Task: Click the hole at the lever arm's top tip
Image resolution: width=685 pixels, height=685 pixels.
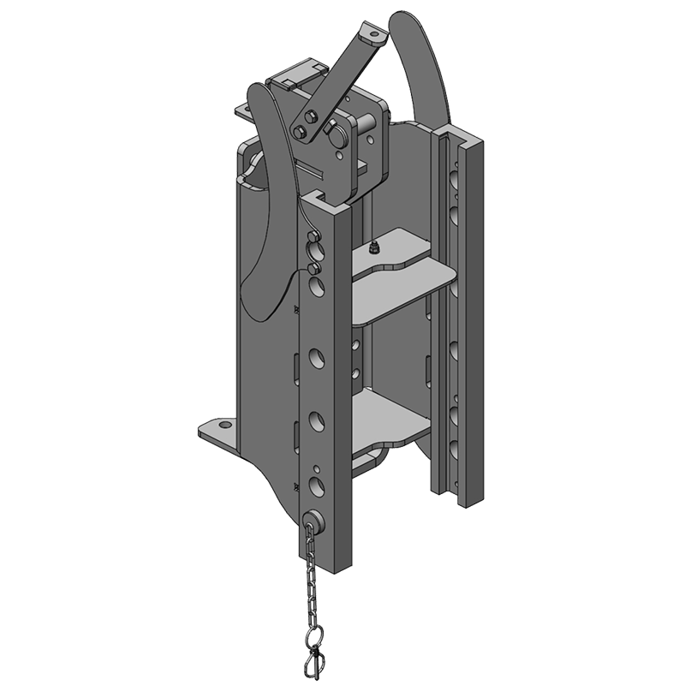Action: [371, 37]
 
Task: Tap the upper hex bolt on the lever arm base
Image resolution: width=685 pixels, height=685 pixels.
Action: [311, 118]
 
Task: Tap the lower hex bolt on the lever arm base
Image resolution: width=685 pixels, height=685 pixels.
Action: [301, 131]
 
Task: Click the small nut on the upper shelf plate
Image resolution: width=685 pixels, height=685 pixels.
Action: [373, 247]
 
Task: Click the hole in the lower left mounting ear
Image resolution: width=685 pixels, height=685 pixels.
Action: [222, 425]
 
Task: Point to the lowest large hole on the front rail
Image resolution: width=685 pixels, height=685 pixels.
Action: [316, 488]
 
